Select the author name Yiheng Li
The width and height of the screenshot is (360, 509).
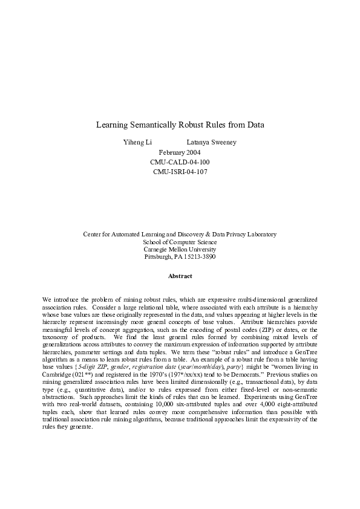click(x=137, y=143)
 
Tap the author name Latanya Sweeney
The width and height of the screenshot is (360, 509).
click(x=211, y=143)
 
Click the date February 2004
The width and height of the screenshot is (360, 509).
click(x=180, y=152)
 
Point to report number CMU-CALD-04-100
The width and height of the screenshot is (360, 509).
click(x=180, y=162)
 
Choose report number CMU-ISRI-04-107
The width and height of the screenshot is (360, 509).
click(x=180, y=172)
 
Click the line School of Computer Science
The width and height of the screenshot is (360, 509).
click(x=180, y=241)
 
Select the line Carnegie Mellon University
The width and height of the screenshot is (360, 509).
click(x=180, y=249)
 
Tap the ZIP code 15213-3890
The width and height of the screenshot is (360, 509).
click(x=197, y=257)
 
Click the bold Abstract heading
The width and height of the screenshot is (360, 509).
click(x=180, y=276)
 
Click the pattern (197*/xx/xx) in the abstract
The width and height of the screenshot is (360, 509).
click(x=196, y=358)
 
